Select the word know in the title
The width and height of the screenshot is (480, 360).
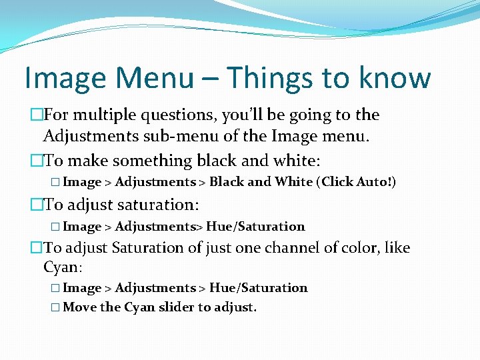click(x=395, y=78)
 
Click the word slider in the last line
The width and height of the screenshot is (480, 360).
click(x=177, y=307)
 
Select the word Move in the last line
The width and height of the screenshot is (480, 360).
click(x=79, y=307)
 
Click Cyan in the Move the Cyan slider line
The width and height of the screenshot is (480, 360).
click(x=139, y=307)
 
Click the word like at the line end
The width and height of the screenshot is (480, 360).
click(x=397, y=248)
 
